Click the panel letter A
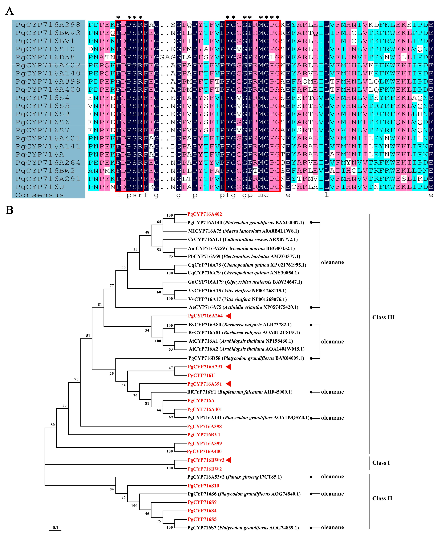pos(10,11)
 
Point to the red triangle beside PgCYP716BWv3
pos(228,460)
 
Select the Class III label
pos(383,317)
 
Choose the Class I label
pos(381,463)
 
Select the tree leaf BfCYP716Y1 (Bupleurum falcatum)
pos(240,392)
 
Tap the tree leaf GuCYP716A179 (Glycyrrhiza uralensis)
pos(245,282)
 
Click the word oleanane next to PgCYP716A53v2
pos(332,477)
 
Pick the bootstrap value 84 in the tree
pos(112,489)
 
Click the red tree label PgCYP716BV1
pos(204,435)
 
